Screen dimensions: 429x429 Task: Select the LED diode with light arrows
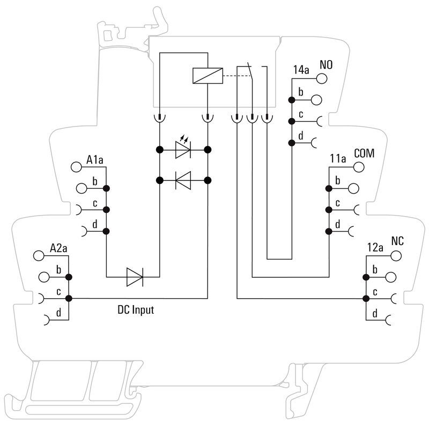(x=183, y=150)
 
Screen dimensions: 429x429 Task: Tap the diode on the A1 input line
(x=134, y=277)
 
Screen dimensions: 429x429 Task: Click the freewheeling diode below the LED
(x=183, y=180)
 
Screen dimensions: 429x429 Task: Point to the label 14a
(x=301, y=70)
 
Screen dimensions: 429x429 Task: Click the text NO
(x=326, y=65)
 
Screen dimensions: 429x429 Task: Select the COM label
(x=364, y=154)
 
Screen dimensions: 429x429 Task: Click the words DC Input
(x=136, y=310)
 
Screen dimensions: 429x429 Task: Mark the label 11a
(x=338, y=159)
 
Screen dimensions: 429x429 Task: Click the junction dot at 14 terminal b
(x=292, y=100)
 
